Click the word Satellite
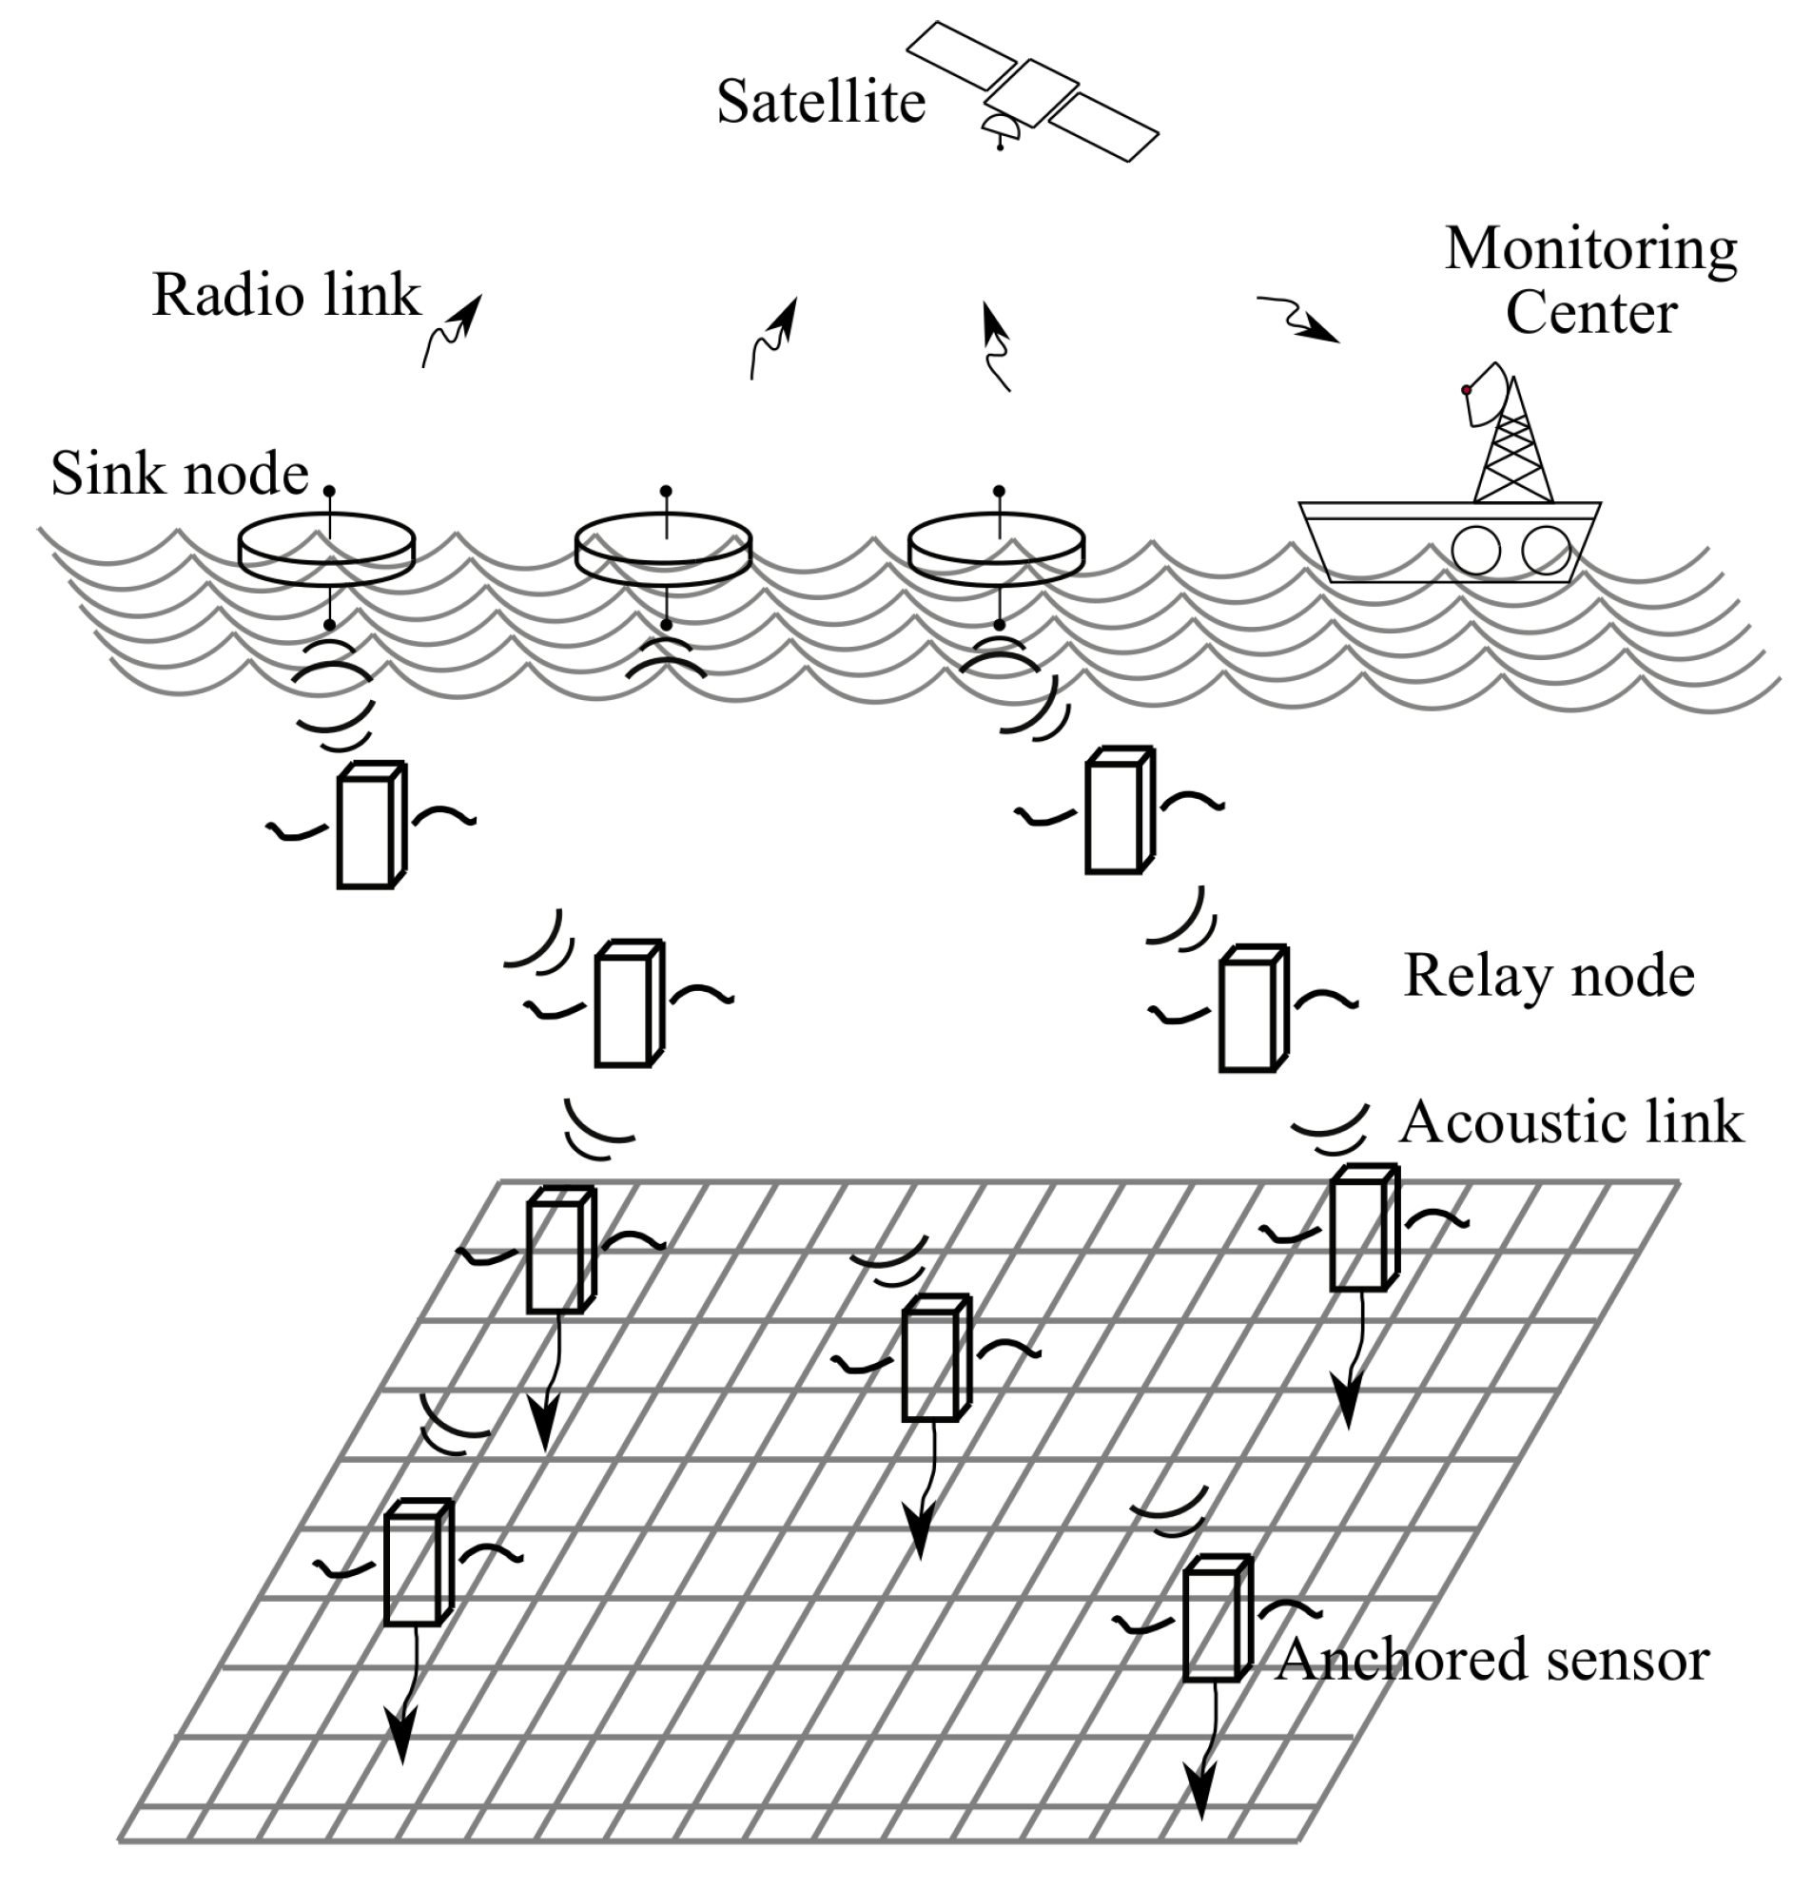click(820, 102)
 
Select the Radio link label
click(286, 295)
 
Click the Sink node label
click(179, 474)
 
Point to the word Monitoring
click(1590, 249)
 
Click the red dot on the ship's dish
click(1467, 390)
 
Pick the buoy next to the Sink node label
click(326, 550)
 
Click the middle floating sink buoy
click(663, 550)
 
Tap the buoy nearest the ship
click(997, 550)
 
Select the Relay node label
click(1549, 976)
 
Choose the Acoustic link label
click(1570, 1122)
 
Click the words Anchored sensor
click(1492, 1660)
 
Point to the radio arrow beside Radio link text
click(453, 330)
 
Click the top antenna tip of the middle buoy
click(665, 491)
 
